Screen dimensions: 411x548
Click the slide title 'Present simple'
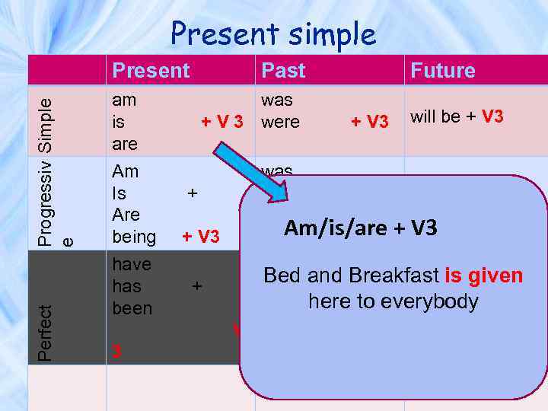point(273,33)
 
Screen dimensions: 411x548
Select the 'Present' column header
point(151,71)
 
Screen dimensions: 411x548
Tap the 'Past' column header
point(283,71)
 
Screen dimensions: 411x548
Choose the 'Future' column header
point(442,71)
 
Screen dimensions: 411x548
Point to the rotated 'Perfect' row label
point(46,333)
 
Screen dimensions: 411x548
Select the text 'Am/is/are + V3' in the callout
point(360,228)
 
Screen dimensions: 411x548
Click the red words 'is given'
point(484,275)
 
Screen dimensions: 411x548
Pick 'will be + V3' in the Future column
point(457,116)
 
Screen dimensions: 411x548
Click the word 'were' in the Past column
point(280,122)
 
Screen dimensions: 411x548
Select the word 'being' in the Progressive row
point(134,237)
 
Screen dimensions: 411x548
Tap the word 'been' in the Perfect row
point(132,308)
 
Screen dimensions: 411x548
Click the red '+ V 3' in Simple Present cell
point(221,122)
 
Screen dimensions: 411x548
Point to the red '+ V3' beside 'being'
point(200,237)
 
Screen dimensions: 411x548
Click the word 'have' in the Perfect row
point(131,264)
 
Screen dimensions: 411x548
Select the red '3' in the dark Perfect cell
point(116,352)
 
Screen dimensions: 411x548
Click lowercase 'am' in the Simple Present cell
point(123,100)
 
